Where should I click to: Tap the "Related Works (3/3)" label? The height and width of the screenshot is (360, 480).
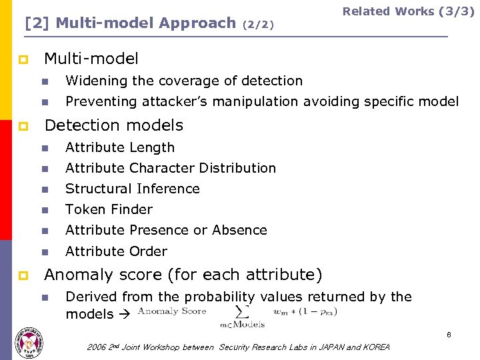tap(408, 11)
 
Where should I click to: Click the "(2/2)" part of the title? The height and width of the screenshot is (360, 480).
tap(258, 25)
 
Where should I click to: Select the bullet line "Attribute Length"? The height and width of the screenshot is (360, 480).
tap(120, 147)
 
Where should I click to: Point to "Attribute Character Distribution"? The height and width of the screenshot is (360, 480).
tap(171, 168)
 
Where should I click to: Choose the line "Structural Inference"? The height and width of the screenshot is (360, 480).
tap(133, 189)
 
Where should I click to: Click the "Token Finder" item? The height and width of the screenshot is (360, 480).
tap(109, 209)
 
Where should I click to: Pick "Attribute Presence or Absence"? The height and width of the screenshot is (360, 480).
tap(166, 230)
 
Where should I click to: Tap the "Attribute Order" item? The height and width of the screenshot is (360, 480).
tap(116, 251)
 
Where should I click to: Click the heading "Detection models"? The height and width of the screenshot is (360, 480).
tap(113, 125)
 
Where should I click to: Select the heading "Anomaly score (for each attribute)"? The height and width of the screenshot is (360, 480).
tap(183, 274)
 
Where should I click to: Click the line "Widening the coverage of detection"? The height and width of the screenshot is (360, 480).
tap(184, 81)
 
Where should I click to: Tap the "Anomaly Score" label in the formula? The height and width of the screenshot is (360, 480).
tap(172, 311)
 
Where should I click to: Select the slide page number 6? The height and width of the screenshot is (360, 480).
tap(449, 335)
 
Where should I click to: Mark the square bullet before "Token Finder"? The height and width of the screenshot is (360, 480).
tap(45, 210)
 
